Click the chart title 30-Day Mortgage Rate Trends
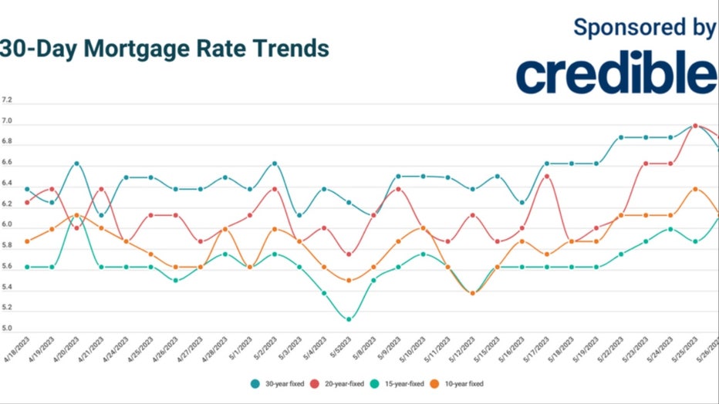point(164,49)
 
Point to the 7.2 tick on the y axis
point(7,101)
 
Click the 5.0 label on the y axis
point(7,328)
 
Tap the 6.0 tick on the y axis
point(7,224)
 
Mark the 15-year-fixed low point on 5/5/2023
point(349,318)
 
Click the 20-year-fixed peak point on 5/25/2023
point(695,125)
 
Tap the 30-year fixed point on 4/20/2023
point(76,163)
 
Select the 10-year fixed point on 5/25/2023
point(695,189)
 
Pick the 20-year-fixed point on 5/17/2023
point(547,177)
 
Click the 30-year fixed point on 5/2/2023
point(274,163)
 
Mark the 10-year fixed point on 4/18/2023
point(27,241)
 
